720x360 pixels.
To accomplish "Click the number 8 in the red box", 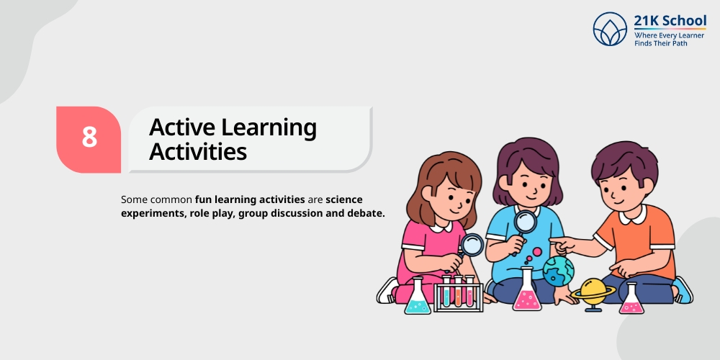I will pyautogui.click(x=89, y=138).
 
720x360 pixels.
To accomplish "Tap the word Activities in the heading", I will pyautogui.click(x=197, y=152).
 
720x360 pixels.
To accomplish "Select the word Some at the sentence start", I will pyautogui.click(x=134, y=198).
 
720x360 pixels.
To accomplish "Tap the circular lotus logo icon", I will pyautogui.click(x=611, y=29).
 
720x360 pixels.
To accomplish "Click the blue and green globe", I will pyautogui.click(x=559, y=271).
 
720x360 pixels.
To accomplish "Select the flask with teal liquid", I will pyautogui.click(x=417, y=297).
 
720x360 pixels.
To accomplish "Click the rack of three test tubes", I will pyautogui.click(x=458, y=292).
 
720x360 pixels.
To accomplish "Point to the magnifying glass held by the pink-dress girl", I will pyautogui.click(x=472, y=246).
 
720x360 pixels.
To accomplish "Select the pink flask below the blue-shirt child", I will pyautogui.click(x=527, y=292).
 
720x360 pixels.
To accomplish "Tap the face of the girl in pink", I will pyautogui.click(x=442, y=197).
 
